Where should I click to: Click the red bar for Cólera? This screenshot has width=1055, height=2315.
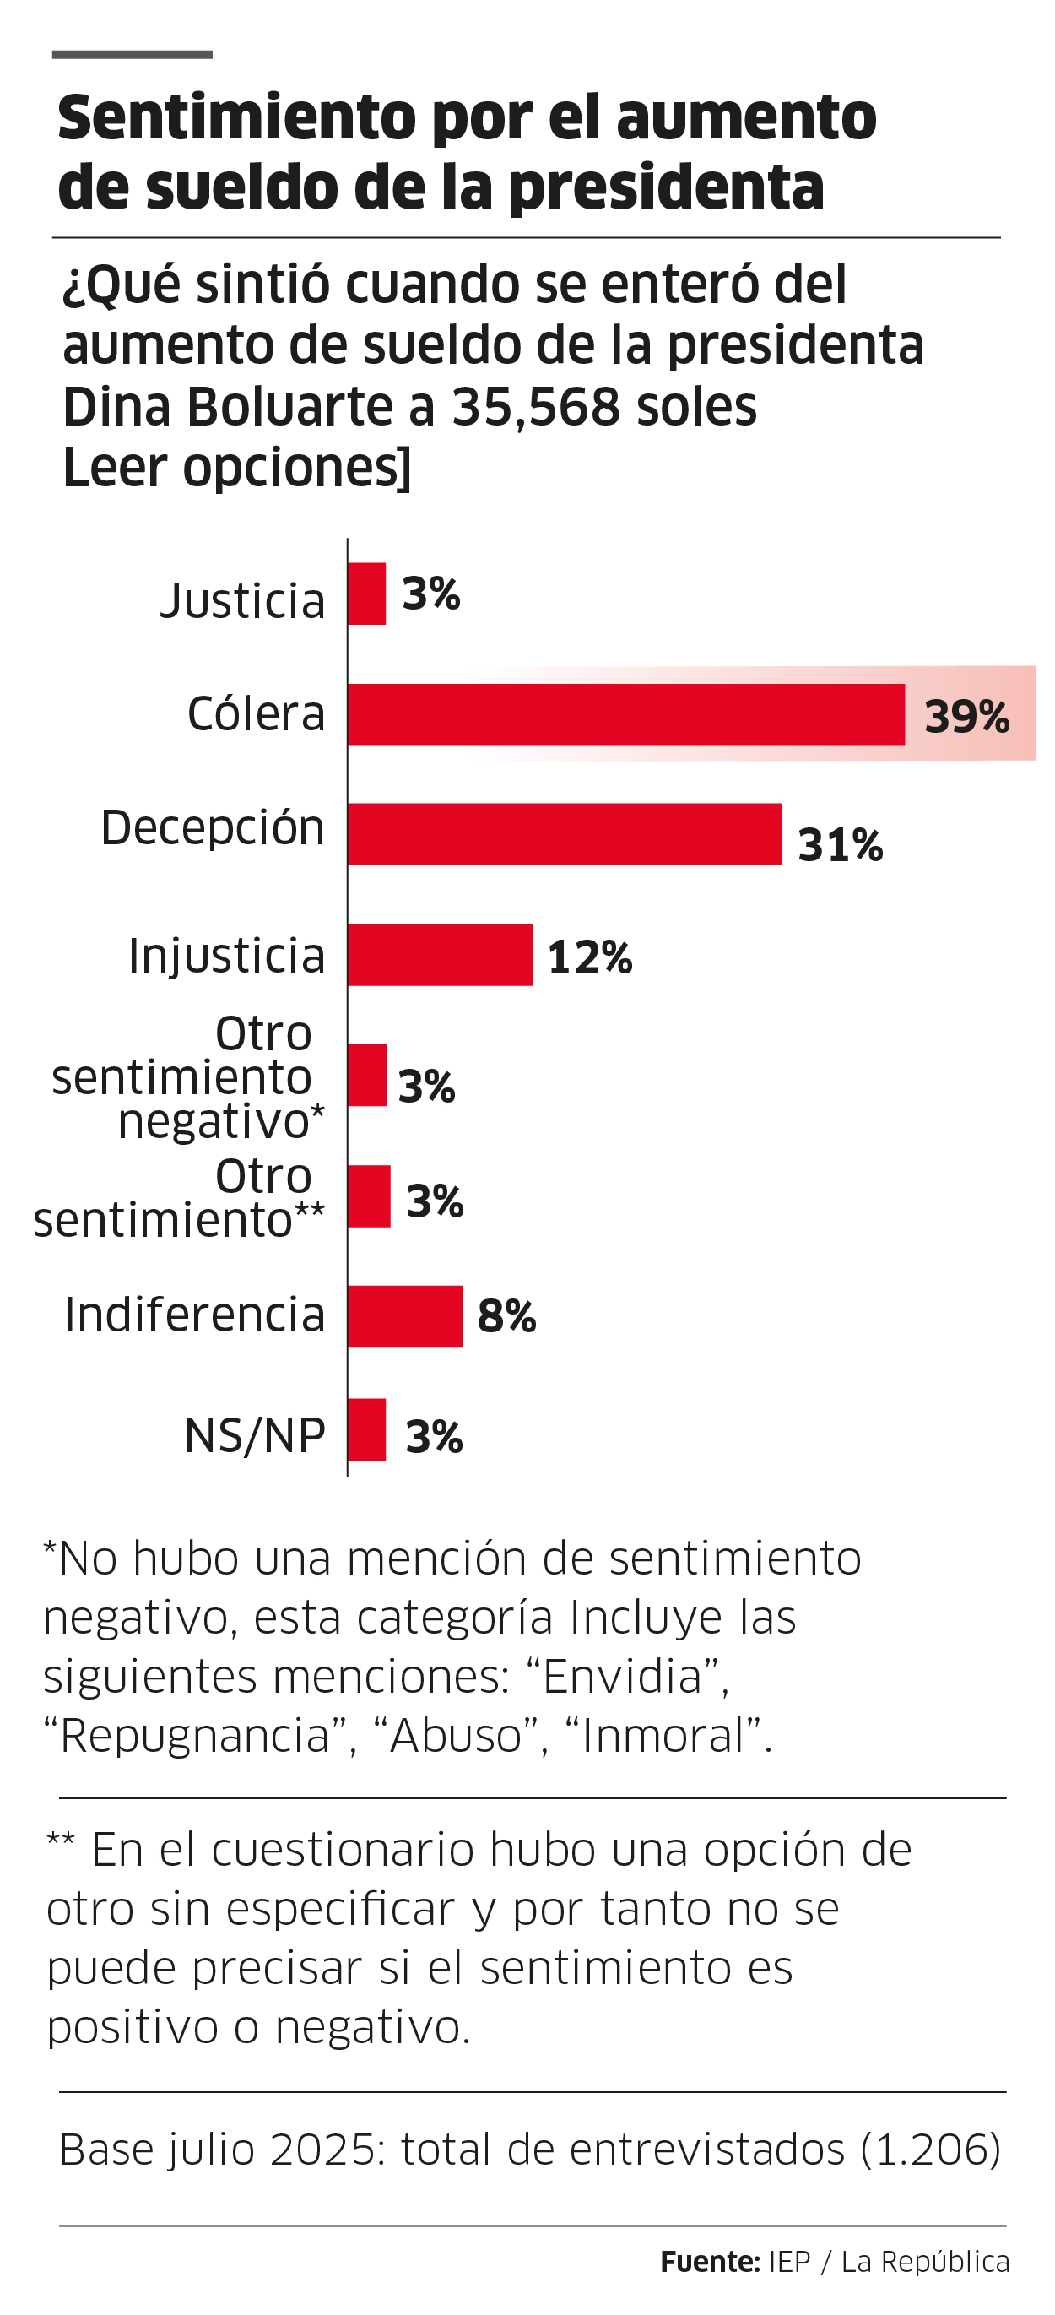pos(625,714)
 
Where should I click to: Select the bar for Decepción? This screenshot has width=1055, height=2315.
pos(565,834)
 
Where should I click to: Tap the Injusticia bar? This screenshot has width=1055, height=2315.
pos(441,954)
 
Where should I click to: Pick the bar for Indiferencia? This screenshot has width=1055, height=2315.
pos(404,1315)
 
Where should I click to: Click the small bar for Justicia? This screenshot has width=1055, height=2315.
pos(366,594)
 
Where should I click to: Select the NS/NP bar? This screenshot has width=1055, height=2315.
pos(366,1429)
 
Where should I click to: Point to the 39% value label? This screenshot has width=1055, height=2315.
pos(967,716)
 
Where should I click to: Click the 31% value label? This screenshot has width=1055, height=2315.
pos(841,845)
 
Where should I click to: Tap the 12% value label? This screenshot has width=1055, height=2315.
pos(589,957)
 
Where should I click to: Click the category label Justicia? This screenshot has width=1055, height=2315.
pos(242,600)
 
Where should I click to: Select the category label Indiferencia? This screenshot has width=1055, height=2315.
pos(194,1314)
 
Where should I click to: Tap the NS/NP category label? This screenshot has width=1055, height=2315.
pos(254,1434)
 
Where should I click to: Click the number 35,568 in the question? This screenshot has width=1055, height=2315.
pos(536,406)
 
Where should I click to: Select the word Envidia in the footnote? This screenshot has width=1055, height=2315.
pos(622,1676)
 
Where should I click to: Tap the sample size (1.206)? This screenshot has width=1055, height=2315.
pos(930,2150)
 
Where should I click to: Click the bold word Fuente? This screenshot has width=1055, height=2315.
pos(709,2261)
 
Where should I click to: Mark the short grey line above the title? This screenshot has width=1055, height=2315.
pos(133,55)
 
